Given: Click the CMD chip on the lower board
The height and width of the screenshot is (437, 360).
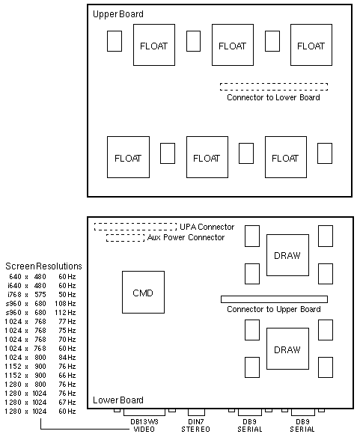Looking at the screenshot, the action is [x=143, y=292].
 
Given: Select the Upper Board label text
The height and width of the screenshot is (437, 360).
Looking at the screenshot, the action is [x=118, y=14].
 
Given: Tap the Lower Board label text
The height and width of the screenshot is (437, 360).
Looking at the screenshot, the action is [x=118, y=400].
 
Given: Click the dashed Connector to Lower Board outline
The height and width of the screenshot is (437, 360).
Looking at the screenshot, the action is [x=274, y=83].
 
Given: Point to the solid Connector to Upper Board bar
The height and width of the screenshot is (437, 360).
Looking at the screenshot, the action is [x=274, y=299].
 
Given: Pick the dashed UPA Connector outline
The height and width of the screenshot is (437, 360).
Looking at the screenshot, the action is [x=135, y=223].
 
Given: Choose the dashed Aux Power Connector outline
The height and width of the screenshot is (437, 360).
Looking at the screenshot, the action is [x=125, y=235].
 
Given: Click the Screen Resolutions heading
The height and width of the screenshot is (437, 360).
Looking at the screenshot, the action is [x=43, y=266].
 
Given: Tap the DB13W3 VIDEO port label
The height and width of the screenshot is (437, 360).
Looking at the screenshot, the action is [x=144, y=425].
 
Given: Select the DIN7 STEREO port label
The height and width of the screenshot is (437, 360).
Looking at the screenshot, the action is [x=195, y=425].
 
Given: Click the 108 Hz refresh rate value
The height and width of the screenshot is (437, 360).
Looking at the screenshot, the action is [x=65, y=304].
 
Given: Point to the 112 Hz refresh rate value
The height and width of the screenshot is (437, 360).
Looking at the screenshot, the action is [x=65, y=313].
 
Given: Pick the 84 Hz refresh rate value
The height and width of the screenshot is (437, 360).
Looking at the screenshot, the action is [x=67, y=357].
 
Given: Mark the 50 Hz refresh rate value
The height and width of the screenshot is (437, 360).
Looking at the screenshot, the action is [x=67, y=295].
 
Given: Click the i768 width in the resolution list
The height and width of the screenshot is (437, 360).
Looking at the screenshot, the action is [x=14, y=295].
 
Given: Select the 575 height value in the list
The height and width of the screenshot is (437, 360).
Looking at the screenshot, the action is [x=40, y=295].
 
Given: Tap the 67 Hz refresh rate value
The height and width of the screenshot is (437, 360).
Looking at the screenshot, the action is [x=67, y=402].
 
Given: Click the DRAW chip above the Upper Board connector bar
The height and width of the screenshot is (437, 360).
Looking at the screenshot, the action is [x=287, y=255].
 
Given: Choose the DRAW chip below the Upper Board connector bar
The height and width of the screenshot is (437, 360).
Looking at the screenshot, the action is [x=287, y=349].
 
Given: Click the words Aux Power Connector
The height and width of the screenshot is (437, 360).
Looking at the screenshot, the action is [x=186, y=237].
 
